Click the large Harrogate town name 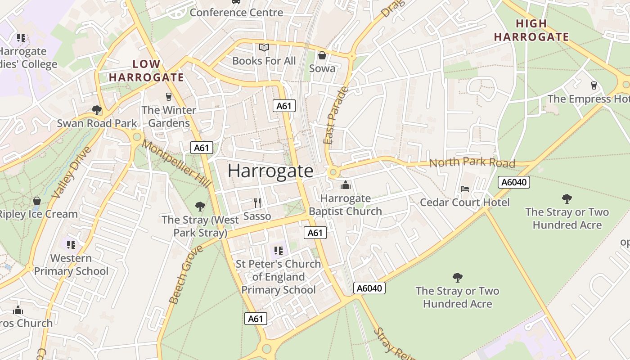click(x=270, y=171)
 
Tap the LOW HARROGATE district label click(x=146, y=71)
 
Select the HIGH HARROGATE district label click(x=531, y=30)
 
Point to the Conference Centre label click(x=236, y=12)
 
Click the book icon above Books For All click(x=264, y=47)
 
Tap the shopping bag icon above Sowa click(x=322, y=55)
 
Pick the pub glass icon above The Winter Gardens click(x=169, y=96)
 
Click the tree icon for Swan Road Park click(x=96, y=110)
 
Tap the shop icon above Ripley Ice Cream click(x=37, y=201)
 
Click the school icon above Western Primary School click(x=71, y=245)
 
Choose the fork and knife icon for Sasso click(x=257, y=203)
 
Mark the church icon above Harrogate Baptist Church click(x=345, y=185)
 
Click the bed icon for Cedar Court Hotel click(x=465, y=189)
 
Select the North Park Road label click(x=472, y=162)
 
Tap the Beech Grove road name click(x=180, y=281)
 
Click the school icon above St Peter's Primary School click(x=278, y=250)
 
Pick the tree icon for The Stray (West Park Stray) click(x=200, y=207)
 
